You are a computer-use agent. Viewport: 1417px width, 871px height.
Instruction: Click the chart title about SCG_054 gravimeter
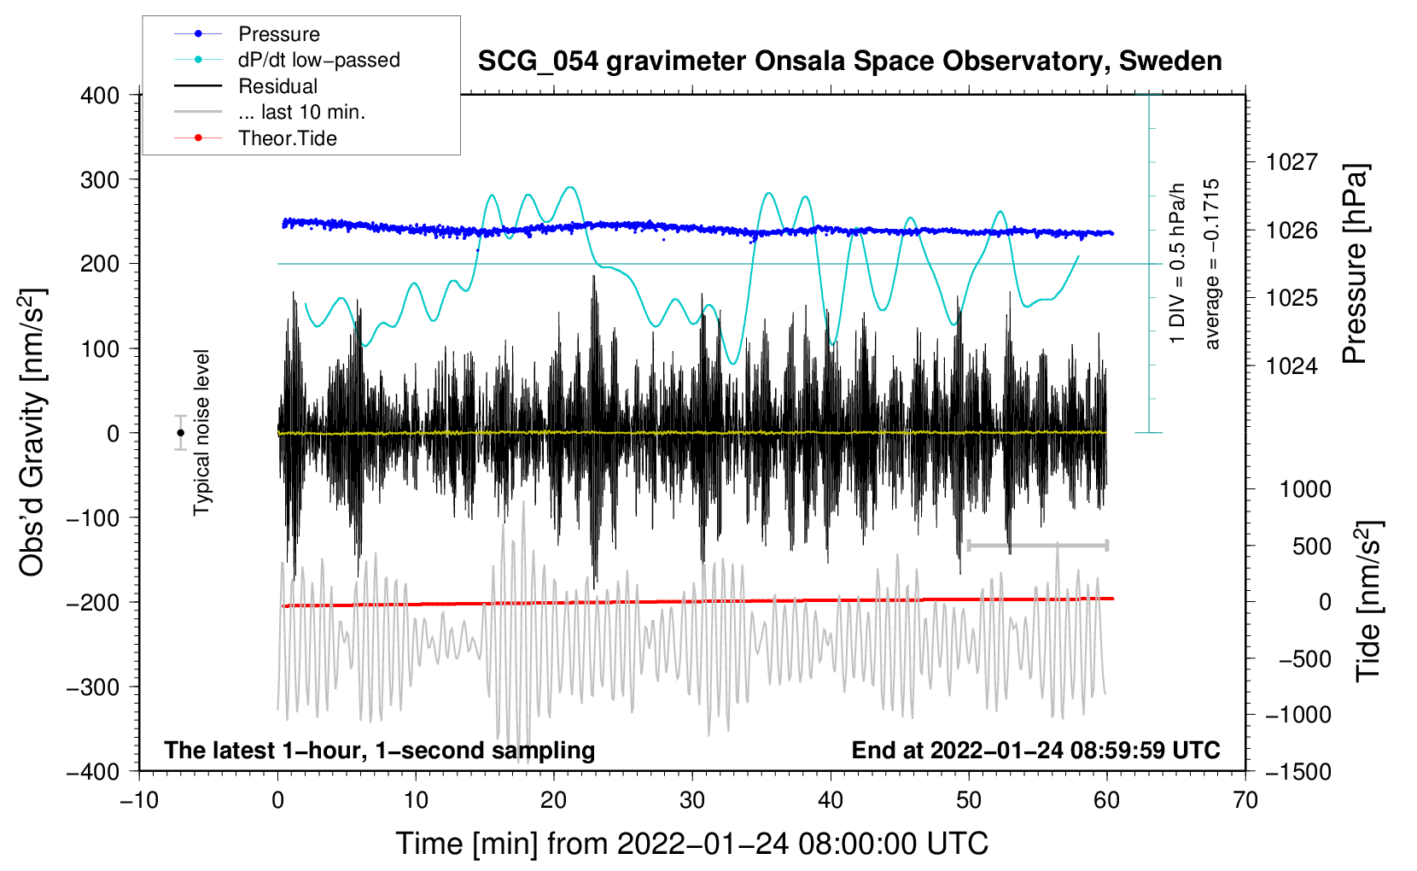849,61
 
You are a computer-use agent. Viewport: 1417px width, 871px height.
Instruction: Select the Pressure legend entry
278,34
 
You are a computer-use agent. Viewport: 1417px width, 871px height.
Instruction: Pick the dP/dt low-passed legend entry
318,60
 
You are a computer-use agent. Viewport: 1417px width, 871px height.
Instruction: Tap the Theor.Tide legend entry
287,138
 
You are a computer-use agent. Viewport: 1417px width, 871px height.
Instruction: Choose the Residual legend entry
277,86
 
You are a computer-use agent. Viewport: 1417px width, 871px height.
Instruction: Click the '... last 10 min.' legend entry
301,112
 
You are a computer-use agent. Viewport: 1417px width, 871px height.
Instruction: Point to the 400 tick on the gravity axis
100,96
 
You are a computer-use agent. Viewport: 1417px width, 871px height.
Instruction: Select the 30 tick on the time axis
692,800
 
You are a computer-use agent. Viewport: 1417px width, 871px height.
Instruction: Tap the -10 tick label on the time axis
139,800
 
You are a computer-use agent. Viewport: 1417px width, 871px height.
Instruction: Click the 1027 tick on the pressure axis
1292,162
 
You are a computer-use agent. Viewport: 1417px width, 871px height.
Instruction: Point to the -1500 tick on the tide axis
1297,771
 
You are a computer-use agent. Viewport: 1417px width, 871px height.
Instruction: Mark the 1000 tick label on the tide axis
1305,489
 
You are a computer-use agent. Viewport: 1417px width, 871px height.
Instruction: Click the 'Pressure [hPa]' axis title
1356,265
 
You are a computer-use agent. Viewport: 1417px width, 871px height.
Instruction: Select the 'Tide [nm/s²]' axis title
1368,600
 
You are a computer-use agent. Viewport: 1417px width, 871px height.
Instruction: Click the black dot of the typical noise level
180,433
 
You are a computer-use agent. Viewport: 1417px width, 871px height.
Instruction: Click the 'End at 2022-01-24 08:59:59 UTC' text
1035,751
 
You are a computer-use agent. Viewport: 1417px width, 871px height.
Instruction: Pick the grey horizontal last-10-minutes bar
1038,545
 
